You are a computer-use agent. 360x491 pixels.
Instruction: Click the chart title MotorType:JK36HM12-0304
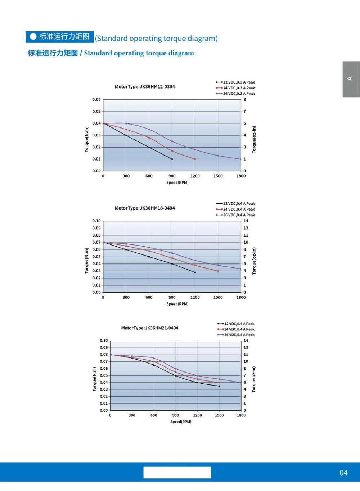pos(145,87)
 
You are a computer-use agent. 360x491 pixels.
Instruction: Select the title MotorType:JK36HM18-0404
pos(145,208)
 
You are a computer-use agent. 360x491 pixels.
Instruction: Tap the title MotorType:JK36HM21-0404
pos(149,328)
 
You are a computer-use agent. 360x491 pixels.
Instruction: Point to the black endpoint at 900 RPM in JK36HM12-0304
pos(172,159)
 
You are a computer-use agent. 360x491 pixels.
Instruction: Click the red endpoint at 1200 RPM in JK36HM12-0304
pos(195,159)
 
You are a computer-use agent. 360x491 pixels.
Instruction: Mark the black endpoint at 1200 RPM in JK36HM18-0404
pos(195,272)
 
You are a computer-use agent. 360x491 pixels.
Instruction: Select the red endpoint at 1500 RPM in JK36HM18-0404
pos(218,271)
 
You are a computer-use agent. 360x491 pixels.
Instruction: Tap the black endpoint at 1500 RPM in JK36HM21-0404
pos(219,386)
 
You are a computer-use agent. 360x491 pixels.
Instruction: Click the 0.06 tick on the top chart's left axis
pos(96,100)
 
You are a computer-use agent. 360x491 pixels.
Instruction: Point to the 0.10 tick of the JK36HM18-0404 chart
pos(96,221)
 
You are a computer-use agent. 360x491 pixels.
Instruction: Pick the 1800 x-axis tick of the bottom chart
pos(241,415)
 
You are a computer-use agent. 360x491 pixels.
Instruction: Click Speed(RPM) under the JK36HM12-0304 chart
pos(177,183)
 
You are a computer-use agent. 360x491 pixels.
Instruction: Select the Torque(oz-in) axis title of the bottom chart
pos(254,379)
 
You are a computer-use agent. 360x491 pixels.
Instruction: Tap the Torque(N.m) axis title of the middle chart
pos(86,261)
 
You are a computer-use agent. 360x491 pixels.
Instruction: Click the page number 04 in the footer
pos(343,473)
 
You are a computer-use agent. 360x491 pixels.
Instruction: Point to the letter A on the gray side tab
pos(350,78)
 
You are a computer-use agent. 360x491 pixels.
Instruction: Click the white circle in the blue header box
pos(33,36)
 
